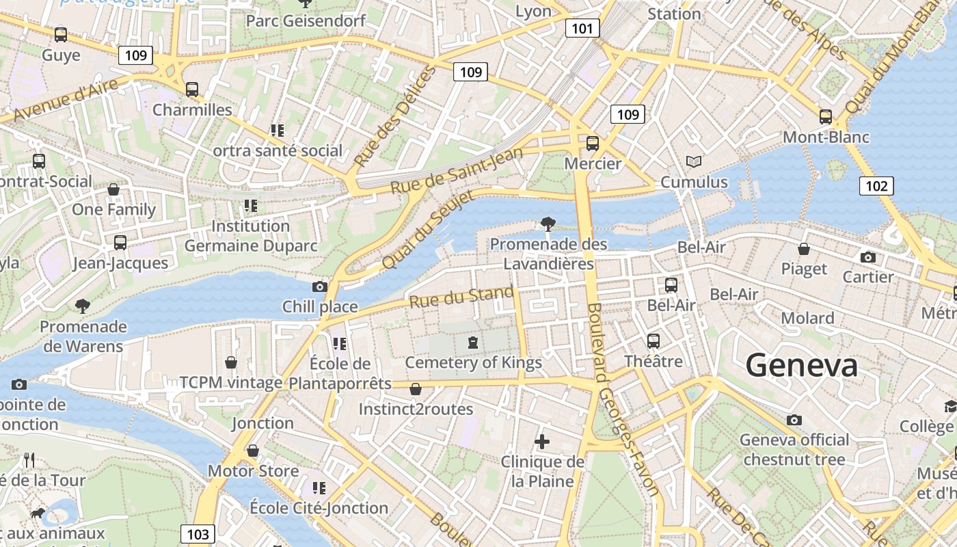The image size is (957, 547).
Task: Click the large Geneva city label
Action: tap(801, 365)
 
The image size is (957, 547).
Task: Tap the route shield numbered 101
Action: tap(582, 28)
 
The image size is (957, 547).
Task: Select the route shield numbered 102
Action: tap(876, 186)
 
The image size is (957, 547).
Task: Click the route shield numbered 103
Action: tap(198, 534)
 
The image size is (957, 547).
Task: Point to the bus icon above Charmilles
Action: tap(192, 89)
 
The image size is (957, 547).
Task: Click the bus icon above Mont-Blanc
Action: tap(826, 116)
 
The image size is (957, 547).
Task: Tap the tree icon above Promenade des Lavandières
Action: tap(548, 223)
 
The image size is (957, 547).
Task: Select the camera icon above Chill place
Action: tap(319, 286)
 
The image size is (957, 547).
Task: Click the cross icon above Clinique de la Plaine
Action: tap(542, 442)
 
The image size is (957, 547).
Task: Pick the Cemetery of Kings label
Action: tap(473, 362)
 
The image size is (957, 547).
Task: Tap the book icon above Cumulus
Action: tap(694, 162)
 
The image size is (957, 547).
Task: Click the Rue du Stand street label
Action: tap(461, 298)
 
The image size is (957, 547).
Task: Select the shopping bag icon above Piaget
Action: tap(804, 249)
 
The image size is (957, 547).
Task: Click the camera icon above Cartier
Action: tap(868, 257)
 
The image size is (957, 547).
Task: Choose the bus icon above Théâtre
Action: tap(653, 341)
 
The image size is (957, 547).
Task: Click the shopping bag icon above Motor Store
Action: tap(253, 451)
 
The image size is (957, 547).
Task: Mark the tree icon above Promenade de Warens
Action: tap(83, 306)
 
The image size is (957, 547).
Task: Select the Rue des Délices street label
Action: tap(394, 118)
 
